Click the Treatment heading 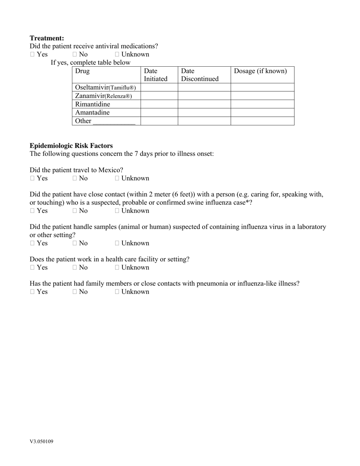[x=47, y=38]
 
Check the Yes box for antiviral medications [x=33, y=55]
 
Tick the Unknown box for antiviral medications [x=117, y=55]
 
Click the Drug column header [x=82, y=71]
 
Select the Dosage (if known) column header [x=260, y=71]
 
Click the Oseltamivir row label [x=105, y=88]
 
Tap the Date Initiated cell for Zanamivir [x=159, y=96]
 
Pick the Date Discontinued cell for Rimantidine [x=204, y=104]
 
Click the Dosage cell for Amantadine [x=262, y=113]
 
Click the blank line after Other [x=114, y=122]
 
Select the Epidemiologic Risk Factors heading [x=71, y=146]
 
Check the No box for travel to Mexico [x=75, y=178]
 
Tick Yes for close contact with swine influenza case [x=33, y=211]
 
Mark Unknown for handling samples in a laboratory [x=117, y=243]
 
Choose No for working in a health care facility [x=75, y=267]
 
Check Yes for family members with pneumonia [x=33, y=292]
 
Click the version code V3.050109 [x=41, y=441]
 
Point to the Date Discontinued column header [x=200, y=75]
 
